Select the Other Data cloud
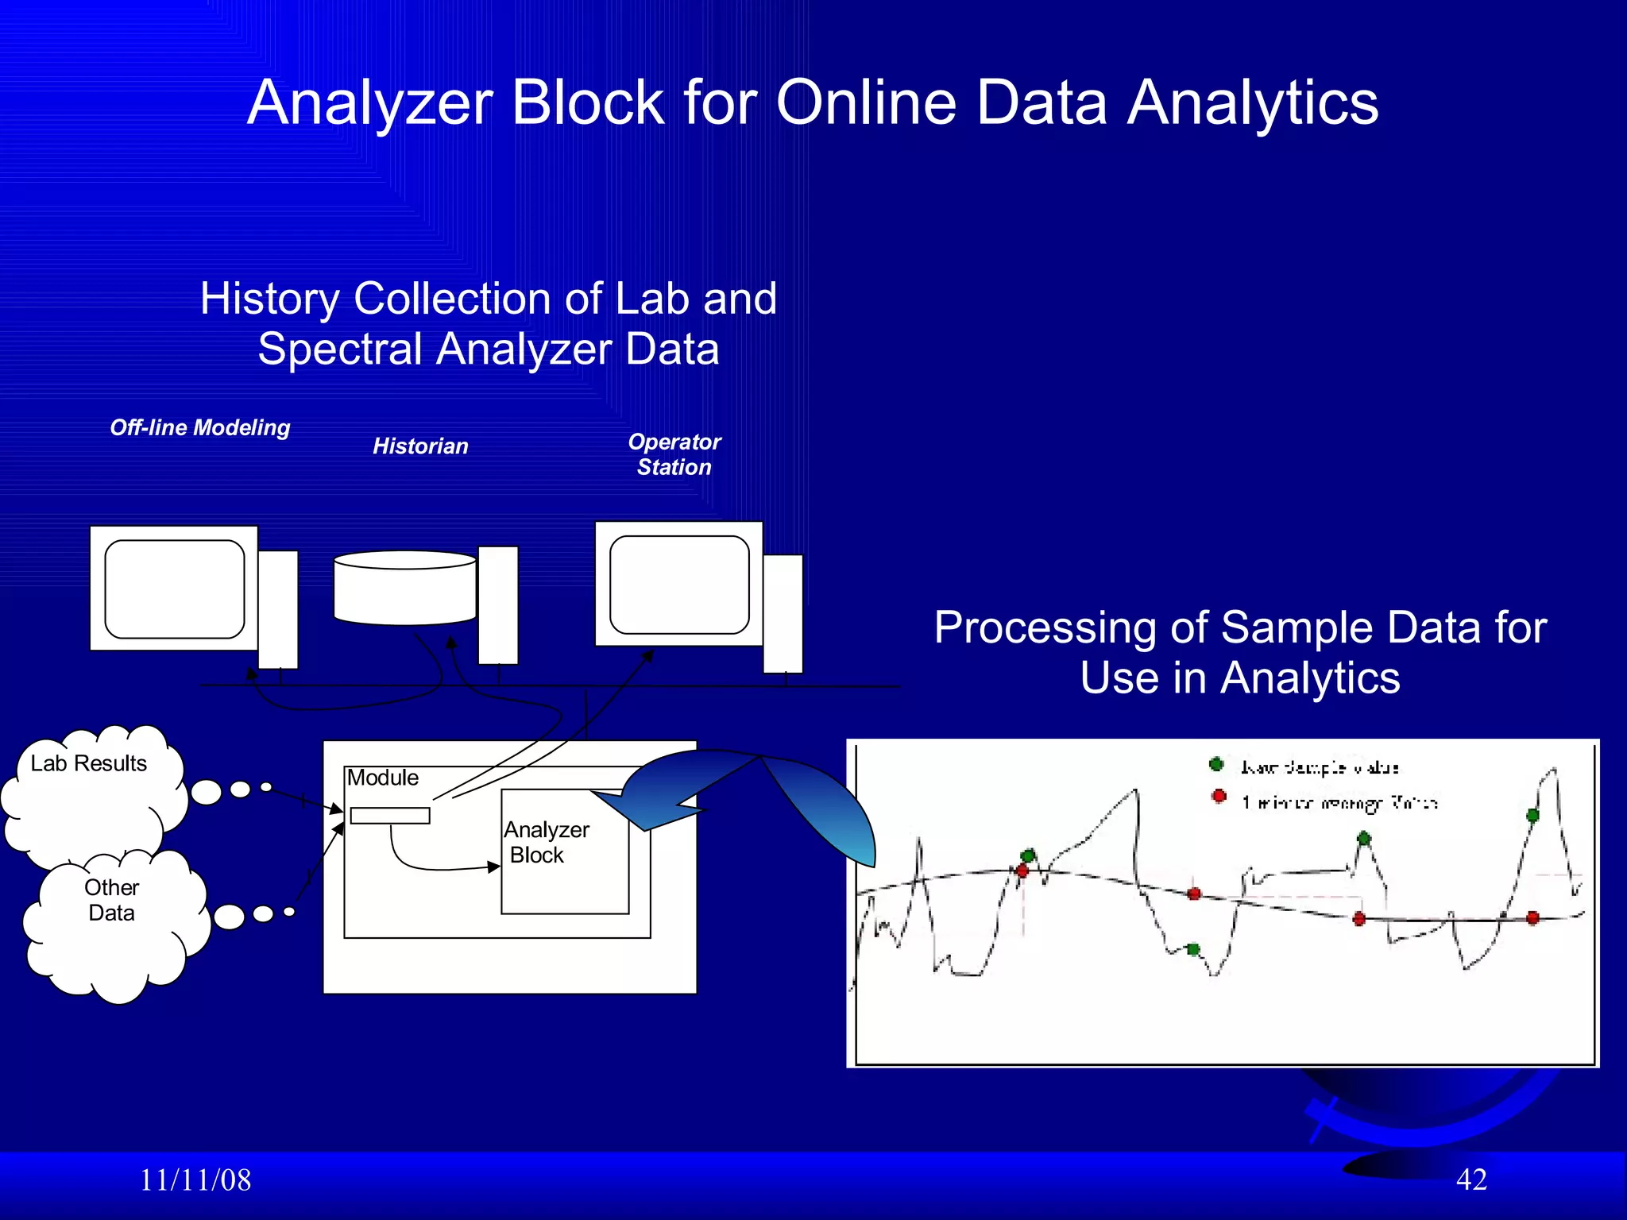112,921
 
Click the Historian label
420,446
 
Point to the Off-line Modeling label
200,427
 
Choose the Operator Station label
674,454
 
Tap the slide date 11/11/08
195,1180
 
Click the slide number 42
1471,1179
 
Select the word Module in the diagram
383,778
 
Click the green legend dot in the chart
1216,764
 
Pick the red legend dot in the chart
1219,796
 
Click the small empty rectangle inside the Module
390,815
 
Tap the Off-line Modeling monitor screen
174,589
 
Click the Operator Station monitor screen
679,585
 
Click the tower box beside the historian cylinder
498,605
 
